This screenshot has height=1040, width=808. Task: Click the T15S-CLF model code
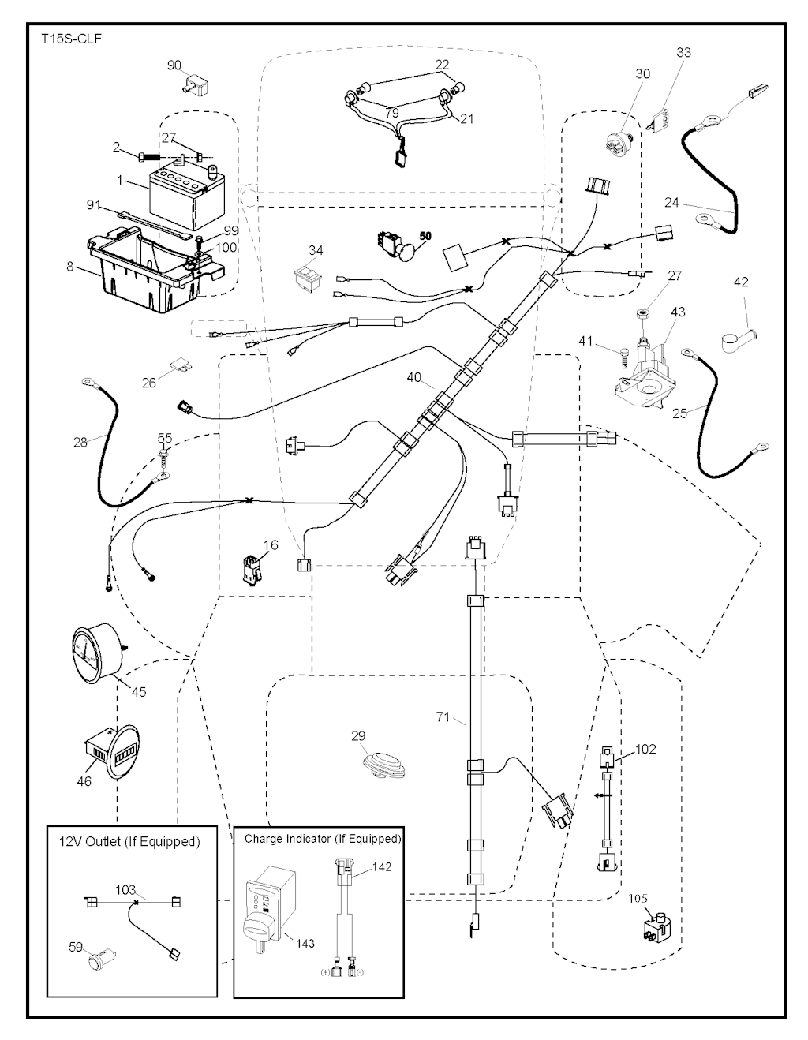pyautogui.click(x=70, y=38)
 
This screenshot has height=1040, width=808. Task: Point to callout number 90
pyautogui.click(x=174, y=65)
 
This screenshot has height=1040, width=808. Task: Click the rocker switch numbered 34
pyautogui.click(x=305, y=275)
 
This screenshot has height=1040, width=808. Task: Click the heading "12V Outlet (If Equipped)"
pyautogui.click(x=129, y=841)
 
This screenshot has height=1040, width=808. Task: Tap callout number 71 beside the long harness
pyautogui.click(x=442, y=716)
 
